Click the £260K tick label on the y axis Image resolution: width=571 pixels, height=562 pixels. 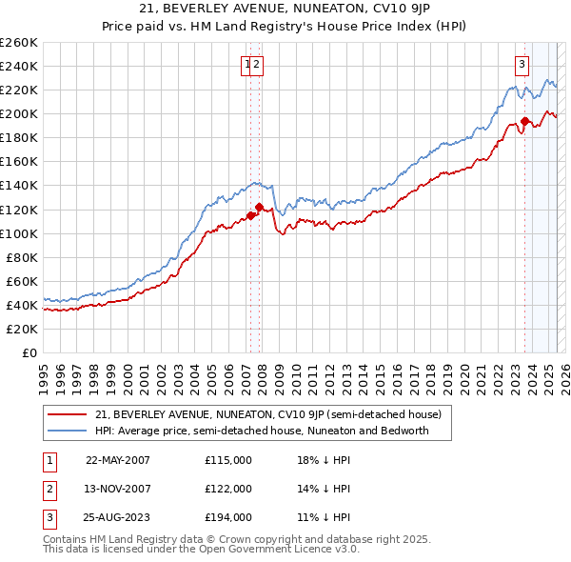click(19, 43)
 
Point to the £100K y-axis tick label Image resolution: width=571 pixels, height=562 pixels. click(19, 233)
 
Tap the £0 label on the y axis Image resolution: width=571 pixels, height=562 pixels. click(30, 352)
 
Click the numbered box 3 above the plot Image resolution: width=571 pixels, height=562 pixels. click(522, 65)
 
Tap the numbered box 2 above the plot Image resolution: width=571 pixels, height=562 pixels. click(258, 65)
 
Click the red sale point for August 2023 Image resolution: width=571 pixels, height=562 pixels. click(524, 121)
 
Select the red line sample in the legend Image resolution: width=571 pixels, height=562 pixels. click(67, 414)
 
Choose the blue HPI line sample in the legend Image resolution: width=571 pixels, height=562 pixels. click(67, 431)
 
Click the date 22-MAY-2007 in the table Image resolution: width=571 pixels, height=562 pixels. click(118, 460)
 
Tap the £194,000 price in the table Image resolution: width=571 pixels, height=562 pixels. click(228, 517)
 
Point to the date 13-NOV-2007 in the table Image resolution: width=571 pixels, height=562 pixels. click(118, 489)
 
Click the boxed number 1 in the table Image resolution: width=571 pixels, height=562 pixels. click(48, 460)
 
